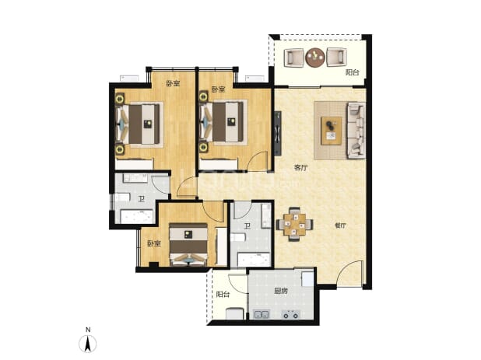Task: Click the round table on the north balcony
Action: point(315,58)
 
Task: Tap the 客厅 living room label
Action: point(300,168)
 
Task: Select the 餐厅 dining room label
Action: point(340,225)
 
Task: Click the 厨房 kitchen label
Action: point(281,291)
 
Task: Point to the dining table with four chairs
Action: point(294,224)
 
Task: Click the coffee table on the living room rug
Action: point(332,131)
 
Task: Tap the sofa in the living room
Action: point(356,130)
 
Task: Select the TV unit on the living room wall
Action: point(278,133)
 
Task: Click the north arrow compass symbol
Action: point(88,344)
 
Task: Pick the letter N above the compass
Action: point(88,330)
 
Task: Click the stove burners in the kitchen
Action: point(291,314)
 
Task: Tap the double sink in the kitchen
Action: point(262,314)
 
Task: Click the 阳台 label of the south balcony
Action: point(223,295)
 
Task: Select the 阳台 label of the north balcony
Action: point(352,72)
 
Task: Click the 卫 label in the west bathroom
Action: point(141,199)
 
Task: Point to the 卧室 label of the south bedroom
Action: point(154,243)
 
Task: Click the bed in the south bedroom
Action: point(188,244)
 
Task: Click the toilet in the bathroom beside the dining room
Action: point(237,237)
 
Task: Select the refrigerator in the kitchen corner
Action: point(307,278)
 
